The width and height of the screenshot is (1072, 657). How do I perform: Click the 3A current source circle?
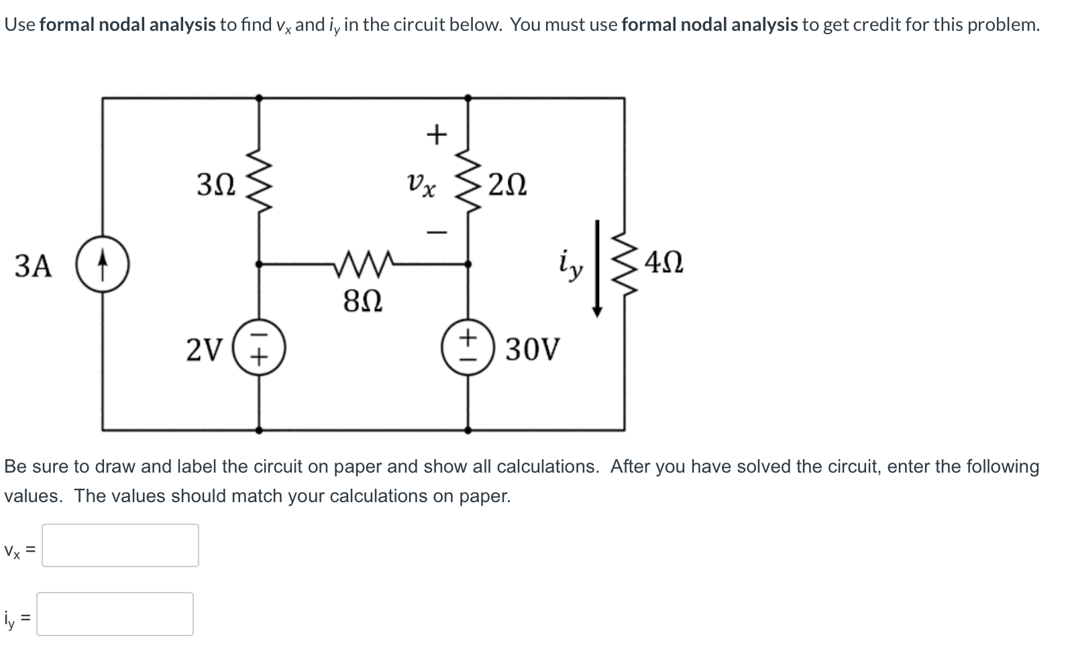point(102,265)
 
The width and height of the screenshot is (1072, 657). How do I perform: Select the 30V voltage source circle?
point(468,349)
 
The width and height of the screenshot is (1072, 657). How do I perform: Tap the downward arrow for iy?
point(596,268)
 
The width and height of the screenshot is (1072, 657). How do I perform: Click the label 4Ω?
point(663,262)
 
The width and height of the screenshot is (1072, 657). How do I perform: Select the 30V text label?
point(531,349)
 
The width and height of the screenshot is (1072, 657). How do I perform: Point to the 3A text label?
point(33,266)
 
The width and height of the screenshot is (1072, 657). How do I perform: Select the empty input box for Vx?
point(120,545)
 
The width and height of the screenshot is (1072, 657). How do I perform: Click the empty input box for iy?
point(115,613)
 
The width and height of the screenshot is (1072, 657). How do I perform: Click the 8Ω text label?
point(363,302)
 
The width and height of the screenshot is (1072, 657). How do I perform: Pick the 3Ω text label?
point(216,184)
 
